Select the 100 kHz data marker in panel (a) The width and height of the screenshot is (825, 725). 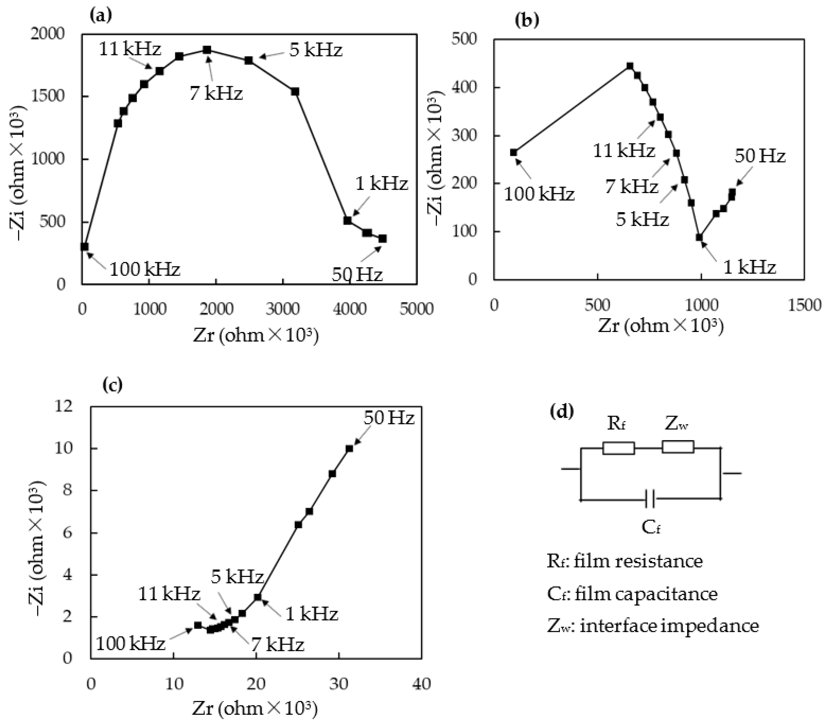click(x=84, y=247)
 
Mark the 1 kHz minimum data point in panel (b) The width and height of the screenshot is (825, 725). click(x=699, y=237)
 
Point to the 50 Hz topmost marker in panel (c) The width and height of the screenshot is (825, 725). click(x=349, y=449)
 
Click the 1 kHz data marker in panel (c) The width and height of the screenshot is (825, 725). click(x=258, y=597)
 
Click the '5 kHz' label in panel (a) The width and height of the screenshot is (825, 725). click(x=316, y=50)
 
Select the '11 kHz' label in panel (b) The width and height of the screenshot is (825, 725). click(x=624, y=151)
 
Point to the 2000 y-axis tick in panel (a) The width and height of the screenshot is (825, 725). click(x=48, y=34)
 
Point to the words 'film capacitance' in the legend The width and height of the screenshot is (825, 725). click(x=646, y=594)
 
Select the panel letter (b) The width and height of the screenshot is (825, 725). click(x=527, y=20)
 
